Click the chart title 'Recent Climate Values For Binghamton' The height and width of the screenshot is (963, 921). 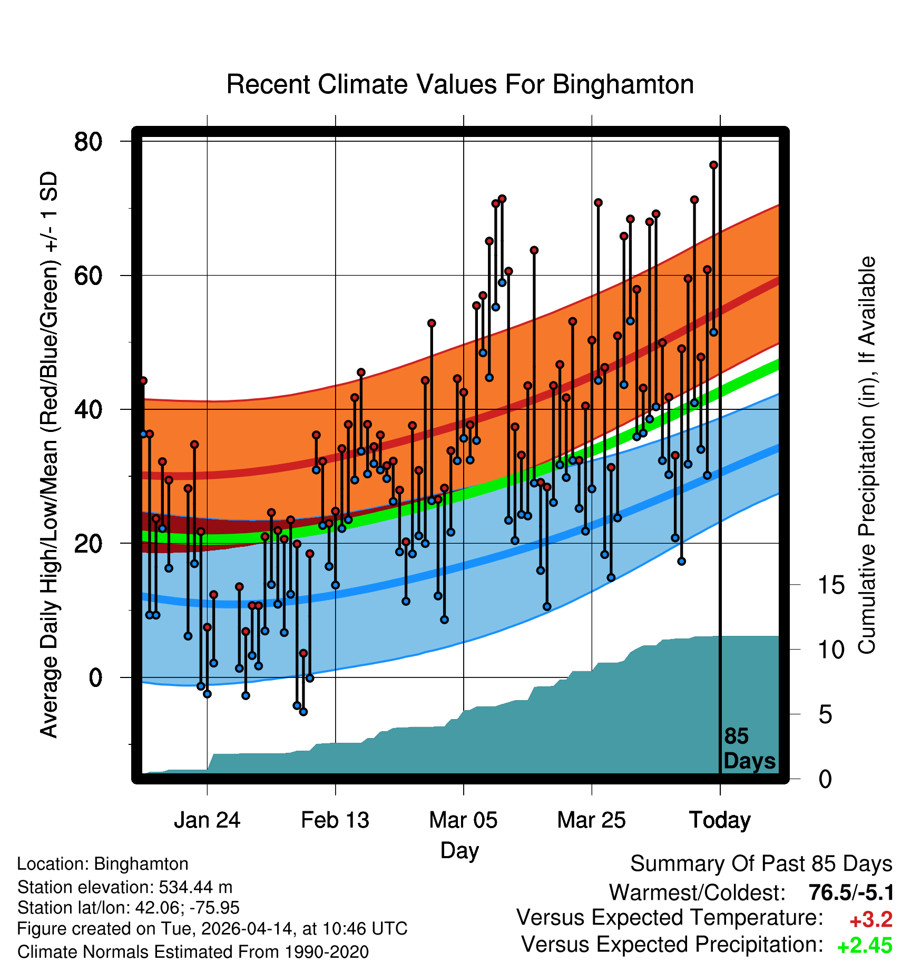click(x=459, y=84)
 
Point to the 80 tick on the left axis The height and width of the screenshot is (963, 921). click(x=88, y=141)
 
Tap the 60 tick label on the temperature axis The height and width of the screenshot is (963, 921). click(x=88, y=276)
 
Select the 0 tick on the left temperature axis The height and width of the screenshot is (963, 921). click(x=95, y=677)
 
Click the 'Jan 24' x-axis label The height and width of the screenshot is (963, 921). click(x=207, y=820)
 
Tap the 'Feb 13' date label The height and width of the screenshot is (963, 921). click(x=335, y=820)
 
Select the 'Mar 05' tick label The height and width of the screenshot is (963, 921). click(x=463, y=820)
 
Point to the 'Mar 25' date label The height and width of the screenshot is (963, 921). click(x=591, y=820)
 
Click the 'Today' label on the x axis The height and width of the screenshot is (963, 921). click(x=720, y=820)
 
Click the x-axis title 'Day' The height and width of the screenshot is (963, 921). click(x=459, y=850)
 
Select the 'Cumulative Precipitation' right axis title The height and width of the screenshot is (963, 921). click(x=867, y=455)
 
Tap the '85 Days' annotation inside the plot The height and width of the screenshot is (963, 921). click(x=749, y=749)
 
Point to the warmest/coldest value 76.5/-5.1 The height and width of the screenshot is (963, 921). click(x=851, y=893)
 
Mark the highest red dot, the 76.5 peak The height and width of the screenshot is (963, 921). click(x=713, y=165)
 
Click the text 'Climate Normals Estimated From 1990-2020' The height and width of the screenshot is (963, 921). click(x=193, y=951)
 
